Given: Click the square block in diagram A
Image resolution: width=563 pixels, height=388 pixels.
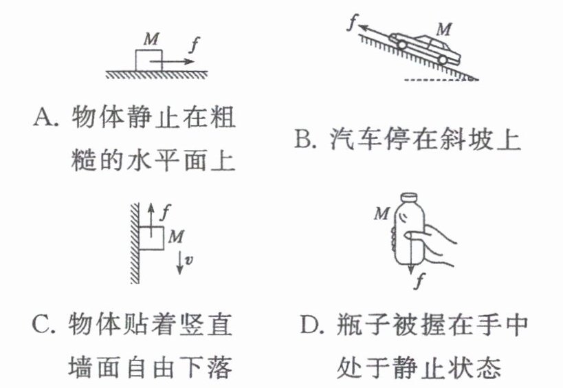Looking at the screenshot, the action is pos(148,59).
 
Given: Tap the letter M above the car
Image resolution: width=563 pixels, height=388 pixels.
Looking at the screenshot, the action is pos(445,30).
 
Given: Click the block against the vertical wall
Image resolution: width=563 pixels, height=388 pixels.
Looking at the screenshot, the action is pos(152,238).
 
